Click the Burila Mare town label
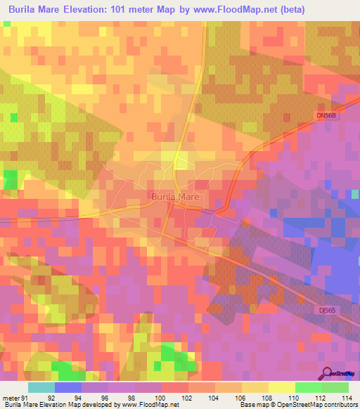tap(176, 197)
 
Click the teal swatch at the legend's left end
tap(41, 387)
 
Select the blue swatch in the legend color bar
tap(67, 387)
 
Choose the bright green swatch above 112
tap(308, 387)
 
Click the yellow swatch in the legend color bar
tap(281, 387)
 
